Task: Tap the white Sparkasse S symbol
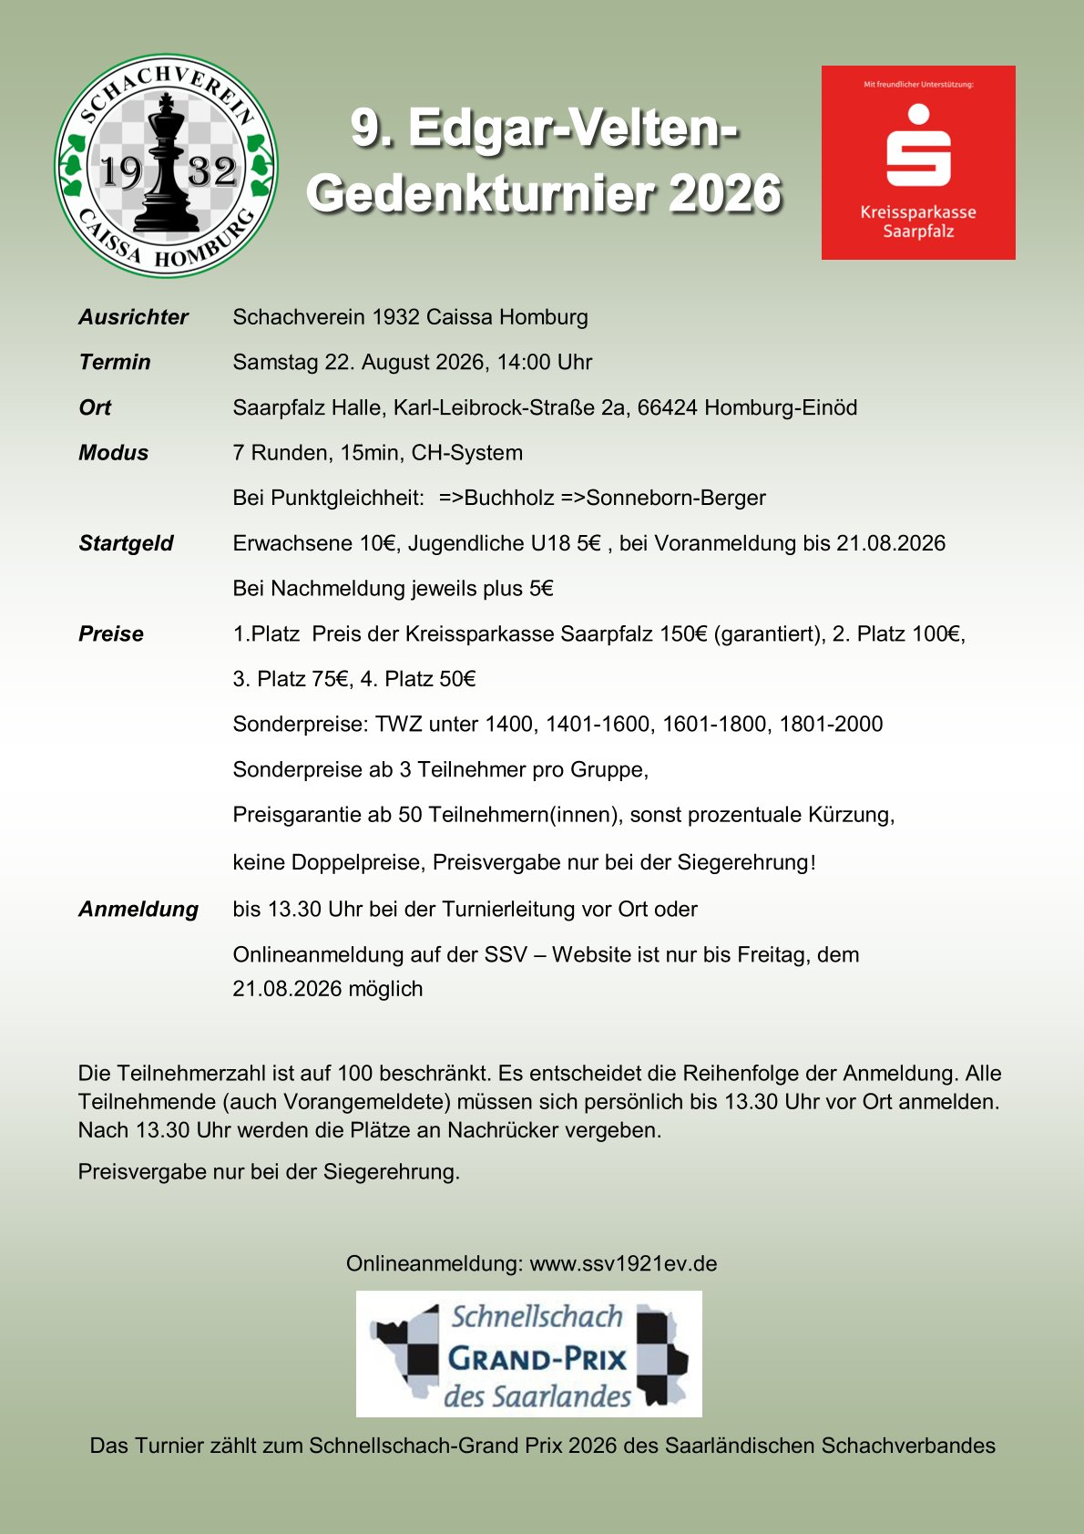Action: coord(918,148)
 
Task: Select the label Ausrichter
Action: coord(133,317)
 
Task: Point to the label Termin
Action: coord(115,362)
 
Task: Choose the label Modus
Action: coord(113,453)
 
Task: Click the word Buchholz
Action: coord(508,498)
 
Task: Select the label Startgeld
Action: coord(126,543)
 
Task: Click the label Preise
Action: coord(111,633)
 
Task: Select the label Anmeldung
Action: coord(138,909)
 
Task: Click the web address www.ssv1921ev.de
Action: coord(623,1263)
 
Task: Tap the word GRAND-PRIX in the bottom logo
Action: coord(537,1359)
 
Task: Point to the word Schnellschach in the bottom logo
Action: coord(537,1316)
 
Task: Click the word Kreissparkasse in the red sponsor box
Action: coord(918,212)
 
